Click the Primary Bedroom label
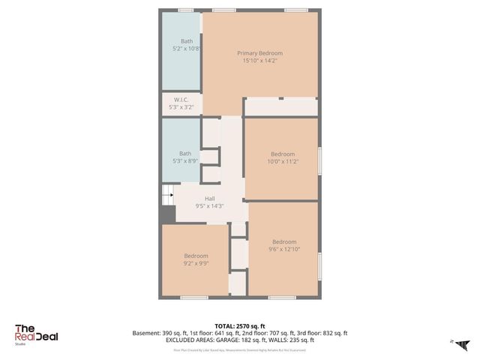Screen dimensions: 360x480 click(259, 53)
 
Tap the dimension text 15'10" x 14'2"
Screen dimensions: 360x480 click(259, 61)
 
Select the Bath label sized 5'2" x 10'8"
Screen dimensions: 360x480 click(186, 40)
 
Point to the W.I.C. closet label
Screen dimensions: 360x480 click(181, 100)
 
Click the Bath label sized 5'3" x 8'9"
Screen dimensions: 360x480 click(184, 153)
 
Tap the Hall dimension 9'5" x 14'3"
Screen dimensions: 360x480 click(209, 205)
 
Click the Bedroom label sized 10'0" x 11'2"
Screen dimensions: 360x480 click(283, 153)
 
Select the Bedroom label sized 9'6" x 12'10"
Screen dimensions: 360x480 click(283, 241)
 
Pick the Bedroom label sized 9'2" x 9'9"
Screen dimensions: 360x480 click(196, 256)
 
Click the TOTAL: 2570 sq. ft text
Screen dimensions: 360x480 click(239, 325)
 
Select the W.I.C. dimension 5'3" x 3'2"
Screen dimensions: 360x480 click(181, 107)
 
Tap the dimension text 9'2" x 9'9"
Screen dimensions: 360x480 click(196, 263)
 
